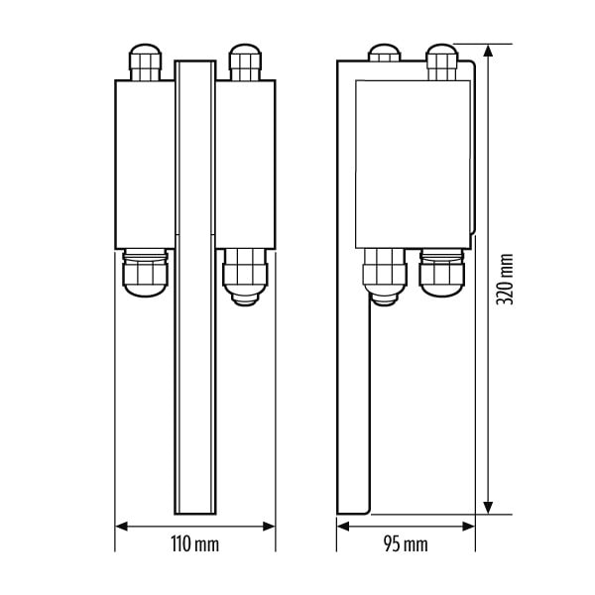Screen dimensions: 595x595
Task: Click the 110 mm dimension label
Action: [x=195, y=544]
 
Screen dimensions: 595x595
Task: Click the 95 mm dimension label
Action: [x=406, y=544]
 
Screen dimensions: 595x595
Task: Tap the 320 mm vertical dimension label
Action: [x=505, y=280]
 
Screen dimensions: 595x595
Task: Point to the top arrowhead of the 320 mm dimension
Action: [x=488, y=51]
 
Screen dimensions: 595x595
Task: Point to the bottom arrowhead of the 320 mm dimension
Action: [x=488, y=508]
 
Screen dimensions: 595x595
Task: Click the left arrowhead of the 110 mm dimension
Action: [x=121, y=527]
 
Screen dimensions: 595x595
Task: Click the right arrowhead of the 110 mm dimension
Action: [x=269, y=527]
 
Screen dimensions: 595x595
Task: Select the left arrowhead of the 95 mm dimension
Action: [x=343, y=527]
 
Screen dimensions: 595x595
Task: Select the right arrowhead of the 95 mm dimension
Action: [x=468, y=527]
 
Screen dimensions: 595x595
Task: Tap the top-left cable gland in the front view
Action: [x=146, y=62]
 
